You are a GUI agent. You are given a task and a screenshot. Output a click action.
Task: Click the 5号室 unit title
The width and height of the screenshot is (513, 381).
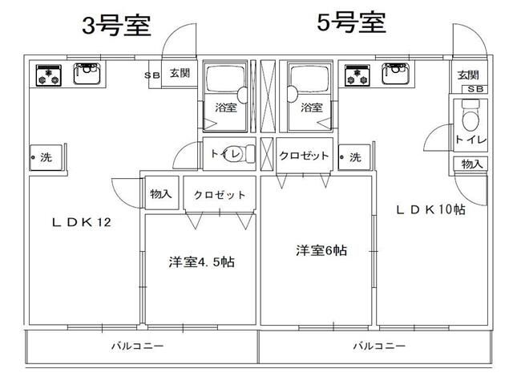coord(351,23)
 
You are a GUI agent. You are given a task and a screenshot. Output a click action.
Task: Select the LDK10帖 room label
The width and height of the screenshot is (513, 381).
coord(431,210)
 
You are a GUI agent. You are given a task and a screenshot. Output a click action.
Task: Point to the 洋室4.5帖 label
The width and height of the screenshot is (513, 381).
coord(201,261)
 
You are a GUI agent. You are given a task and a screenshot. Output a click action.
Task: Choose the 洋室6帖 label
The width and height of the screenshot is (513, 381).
coord(321,249)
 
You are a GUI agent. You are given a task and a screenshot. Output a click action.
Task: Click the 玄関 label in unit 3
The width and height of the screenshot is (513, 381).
coord(180,74)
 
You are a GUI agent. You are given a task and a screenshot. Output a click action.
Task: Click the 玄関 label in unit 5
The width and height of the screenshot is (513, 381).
coord(468,74)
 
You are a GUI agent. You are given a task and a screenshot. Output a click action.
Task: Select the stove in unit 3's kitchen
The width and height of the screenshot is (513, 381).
coord(46,75)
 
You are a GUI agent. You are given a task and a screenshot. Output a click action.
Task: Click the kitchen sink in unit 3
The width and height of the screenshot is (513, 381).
coord(85,75)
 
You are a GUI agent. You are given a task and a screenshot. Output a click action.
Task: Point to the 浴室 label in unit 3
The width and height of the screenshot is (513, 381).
coord(224,107)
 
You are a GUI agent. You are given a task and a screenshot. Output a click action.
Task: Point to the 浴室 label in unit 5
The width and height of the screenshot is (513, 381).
coord(311,107)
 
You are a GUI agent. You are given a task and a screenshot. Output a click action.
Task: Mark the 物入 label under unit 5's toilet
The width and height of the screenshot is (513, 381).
coord(471,164)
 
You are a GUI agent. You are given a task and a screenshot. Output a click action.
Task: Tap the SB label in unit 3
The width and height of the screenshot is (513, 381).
coord(151,75)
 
